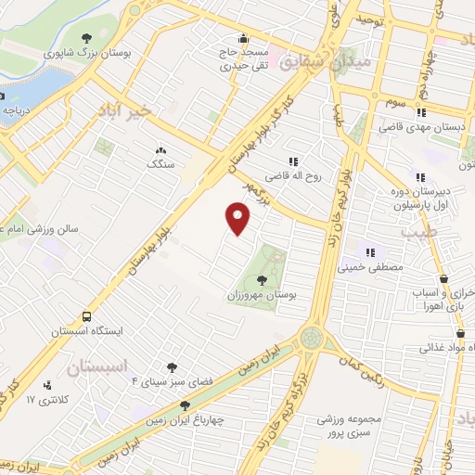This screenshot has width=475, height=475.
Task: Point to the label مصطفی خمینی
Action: pos(377,268)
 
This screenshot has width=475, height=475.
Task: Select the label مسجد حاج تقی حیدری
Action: pos(245,60)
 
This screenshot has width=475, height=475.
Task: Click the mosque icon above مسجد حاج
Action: pos(244,38)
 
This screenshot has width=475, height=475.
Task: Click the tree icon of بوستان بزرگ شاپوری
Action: pos(87,38)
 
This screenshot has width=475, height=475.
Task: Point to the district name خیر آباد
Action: pos(122,110)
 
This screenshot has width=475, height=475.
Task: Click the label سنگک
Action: pos(160,163)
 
